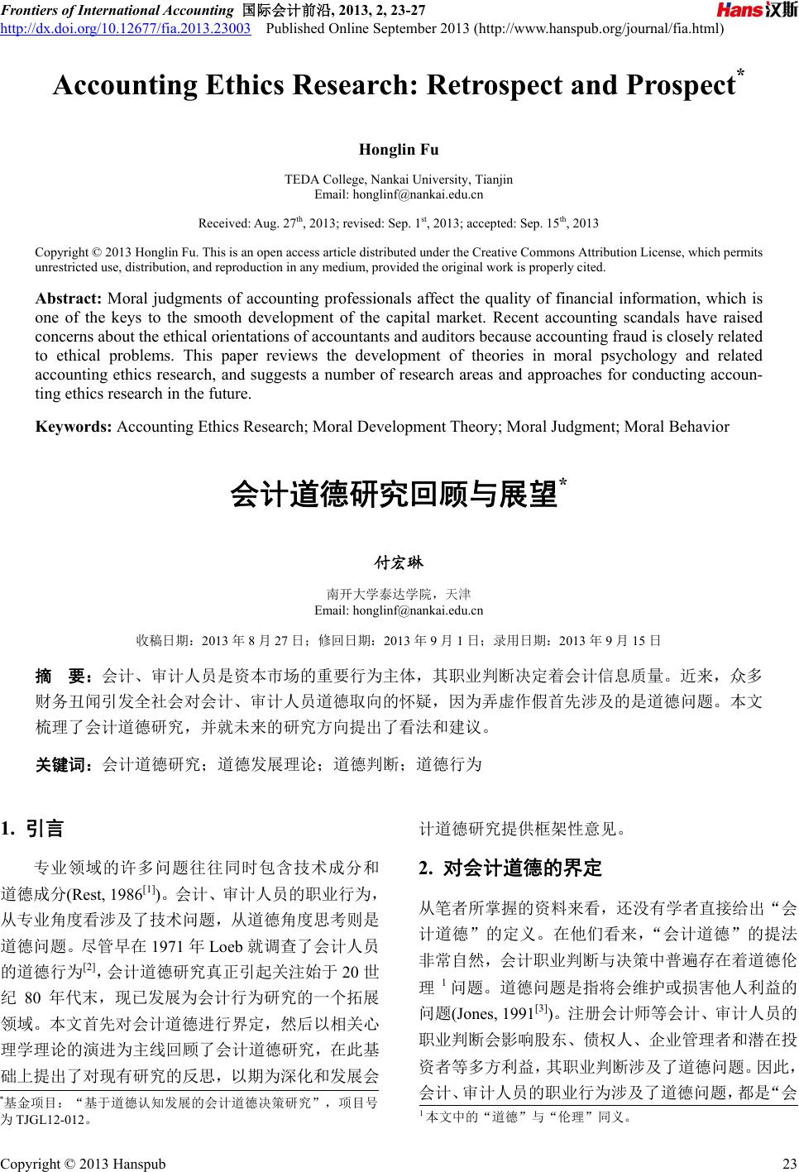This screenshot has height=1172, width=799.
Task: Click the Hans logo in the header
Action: click(756, 11)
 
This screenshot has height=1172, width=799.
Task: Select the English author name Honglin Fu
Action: click(399, 150)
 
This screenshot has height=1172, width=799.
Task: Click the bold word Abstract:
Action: click(69, 299)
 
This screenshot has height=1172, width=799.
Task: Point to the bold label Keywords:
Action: click(74, 427)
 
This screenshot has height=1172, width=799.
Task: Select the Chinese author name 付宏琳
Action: click(399, 563)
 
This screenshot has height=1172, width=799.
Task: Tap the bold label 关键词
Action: click(62, 763)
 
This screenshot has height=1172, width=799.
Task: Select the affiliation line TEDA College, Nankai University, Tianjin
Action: click(399, 179)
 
